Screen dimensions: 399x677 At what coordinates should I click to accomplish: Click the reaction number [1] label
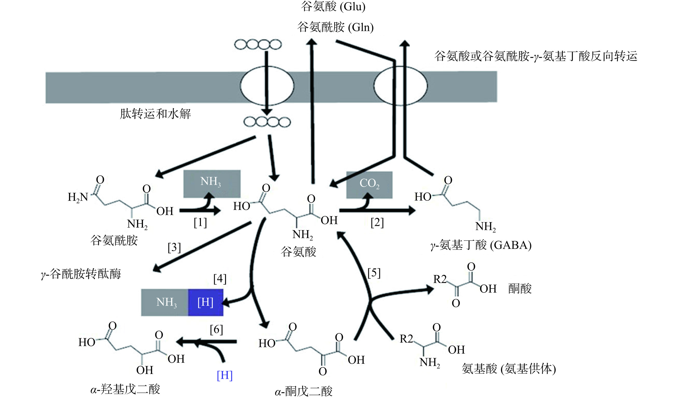tap(200, 223)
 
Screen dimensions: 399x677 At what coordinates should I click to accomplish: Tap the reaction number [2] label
tap(377, 223)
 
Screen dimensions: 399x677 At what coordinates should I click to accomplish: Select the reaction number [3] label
tap(174, 247)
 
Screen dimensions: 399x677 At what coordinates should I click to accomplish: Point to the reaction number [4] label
tap(220, 279)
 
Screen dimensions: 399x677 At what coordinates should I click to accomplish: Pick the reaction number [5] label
tap(374, 273)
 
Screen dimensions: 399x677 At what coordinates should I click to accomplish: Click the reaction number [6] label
tap(216, 330)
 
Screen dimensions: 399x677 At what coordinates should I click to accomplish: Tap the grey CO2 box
tap(369, 185)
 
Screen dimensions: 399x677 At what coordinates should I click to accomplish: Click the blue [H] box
tap(206, 302)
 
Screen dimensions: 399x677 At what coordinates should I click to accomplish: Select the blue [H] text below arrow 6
tap(225, 375)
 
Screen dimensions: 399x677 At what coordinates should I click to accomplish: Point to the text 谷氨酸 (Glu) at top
tap(333, 6)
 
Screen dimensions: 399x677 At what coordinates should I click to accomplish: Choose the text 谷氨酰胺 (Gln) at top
tap(335, 27)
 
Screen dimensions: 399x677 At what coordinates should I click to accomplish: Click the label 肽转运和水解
tap(155, 114)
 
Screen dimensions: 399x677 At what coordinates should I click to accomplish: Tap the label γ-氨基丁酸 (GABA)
tap(481, 245)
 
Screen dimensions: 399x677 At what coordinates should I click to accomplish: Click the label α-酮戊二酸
tap(304, 391)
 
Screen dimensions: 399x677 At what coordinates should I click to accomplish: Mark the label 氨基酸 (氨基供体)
tap(509, 369)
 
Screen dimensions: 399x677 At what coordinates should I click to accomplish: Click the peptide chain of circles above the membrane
tap(258, 45)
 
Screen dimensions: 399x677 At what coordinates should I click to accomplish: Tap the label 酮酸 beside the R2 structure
tap(520, 289)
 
